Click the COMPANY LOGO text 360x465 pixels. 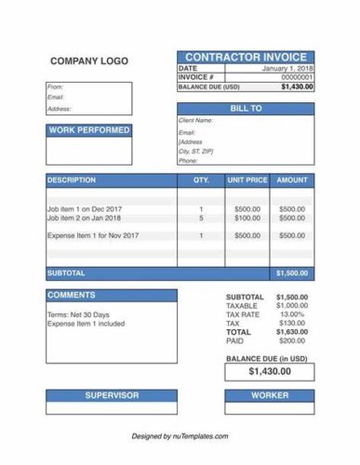(x=88, y=61)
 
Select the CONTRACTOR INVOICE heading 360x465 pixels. (x=245, y=58)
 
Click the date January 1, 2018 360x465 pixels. (x=287, y=69)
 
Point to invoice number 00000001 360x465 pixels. (x=298, y=77)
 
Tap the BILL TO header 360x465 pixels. (x=245, y=109)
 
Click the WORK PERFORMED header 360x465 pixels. (x=88, y=130)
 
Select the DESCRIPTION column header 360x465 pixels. (x=71, y=179)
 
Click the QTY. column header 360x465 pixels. (x=201, y=179)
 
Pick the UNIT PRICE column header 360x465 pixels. (x=247, y=179)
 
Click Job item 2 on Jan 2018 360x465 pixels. (x=84, y=219)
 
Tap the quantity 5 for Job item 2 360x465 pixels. (x=201, y=219)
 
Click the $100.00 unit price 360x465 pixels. (x=247, y=219)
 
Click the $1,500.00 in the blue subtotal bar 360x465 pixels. (x=291, y=273)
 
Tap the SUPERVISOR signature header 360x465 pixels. (x=112, y=395)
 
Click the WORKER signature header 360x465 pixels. (x=270, y=395)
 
